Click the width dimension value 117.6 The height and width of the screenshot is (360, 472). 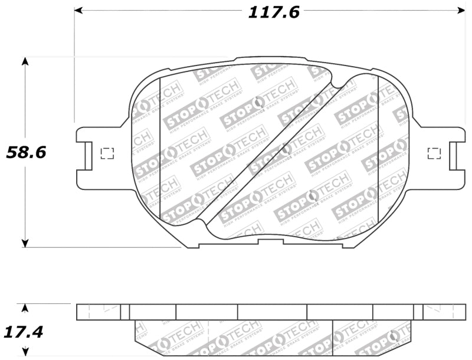273,12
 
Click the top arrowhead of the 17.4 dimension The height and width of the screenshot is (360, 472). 24,307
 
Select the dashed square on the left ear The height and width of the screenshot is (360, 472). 107,153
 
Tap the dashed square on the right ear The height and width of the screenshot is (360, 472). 434,153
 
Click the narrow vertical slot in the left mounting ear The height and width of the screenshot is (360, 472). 87,156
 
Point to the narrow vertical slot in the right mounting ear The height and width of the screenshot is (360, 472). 453,156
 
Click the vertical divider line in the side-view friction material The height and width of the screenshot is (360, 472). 333,338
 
